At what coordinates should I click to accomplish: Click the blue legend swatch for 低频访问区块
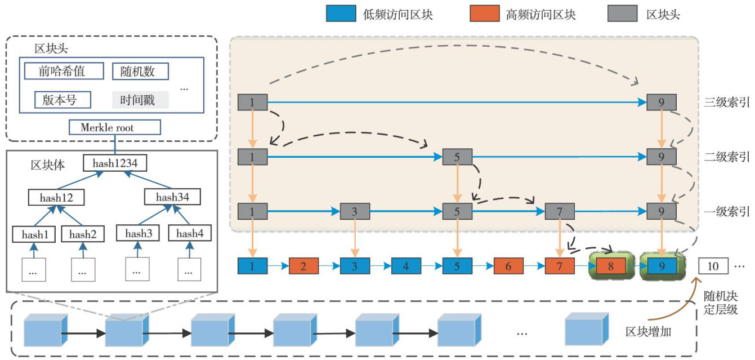[x=341, y=14]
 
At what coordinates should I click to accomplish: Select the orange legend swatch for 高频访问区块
[x=484, y=14]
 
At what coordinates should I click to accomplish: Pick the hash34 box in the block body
[x=172, y=197]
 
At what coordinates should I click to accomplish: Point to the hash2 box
[x=83, y=233]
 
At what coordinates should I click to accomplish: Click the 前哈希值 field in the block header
[x=64, y=71]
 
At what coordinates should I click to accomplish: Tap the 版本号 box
[x=59, y=100]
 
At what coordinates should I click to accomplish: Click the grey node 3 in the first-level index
[x=355, y=212]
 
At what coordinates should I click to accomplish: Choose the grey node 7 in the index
[x=559, y=212]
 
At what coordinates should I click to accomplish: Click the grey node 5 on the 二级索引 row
[x=457, y=157]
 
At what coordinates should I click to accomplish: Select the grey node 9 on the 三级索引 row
[x=662, y=103]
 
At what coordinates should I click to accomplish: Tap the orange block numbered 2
[x=303, y=265]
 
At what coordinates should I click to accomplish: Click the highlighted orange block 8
[x=610, y=265]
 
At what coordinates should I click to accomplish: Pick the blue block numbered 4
[x=406, y=265]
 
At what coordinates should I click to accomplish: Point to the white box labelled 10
[x=713, y=265]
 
